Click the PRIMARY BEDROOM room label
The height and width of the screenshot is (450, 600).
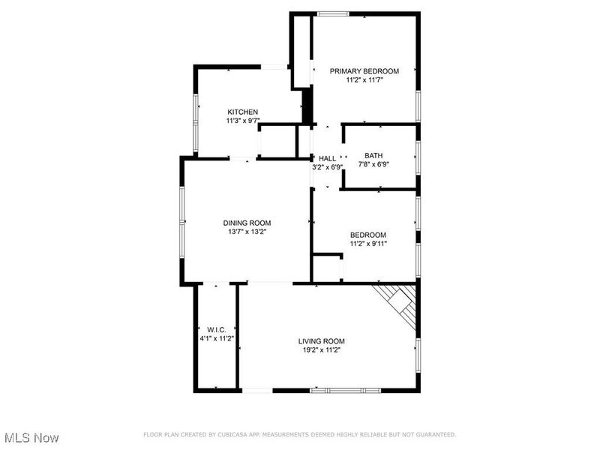[364, 71]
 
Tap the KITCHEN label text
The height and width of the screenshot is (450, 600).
[243, 112]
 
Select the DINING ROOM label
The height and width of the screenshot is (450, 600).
[247, 223]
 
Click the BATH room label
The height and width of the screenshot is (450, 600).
[373, 156]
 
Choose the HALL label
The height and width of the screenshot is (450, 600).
[327, 158]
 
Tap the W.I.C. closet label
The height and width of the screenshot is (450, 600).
[217, 330]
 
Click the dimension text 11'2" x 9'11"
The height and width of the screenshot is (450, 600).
[368, 243]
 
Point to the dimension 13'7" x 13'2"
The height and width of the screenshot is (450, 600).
[247, 232]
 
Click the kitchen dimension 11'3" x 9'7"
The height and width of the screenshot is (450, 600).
[243, 120]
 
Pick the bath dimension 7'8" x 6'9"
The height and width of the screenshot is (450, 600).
[373, 164]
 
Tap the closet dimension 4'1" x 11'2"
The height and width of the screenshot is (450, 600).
[217, 338]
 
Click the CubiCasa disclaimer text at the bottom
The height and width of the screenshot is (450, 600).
[299, 434]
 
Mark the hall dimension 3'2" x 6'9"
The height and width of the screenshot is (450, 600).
[327, 166]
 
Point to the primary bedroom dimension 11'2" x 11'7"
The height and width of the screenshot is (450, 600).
[364, 79]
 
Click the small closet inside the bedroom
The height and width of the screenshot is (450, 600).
[327, 268]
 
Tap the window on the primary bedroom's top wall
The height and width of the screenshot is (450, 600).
[332, 13]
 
